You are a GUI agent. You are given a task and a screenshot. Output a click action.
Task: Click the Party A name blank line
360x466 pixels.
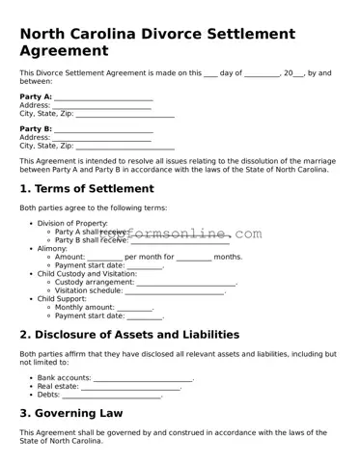[103, 97]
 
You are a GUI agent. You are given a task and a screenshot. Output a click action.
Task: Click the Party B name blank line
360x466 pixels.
[103, 129]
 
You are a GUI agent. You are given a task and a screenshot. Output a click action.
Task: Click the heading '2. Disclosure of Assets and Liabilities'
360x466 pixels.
[129, 335]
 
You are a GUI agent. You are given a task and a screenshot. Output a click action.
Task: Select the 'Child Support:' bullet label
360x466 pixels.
[63, 299]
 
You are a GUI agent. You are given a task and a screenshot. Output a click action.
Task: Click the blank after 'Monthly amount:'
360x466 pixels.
[135, 308]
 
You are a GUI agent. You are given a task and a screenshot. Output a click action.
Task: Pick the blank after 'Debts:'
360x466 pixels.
[111, 395]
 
